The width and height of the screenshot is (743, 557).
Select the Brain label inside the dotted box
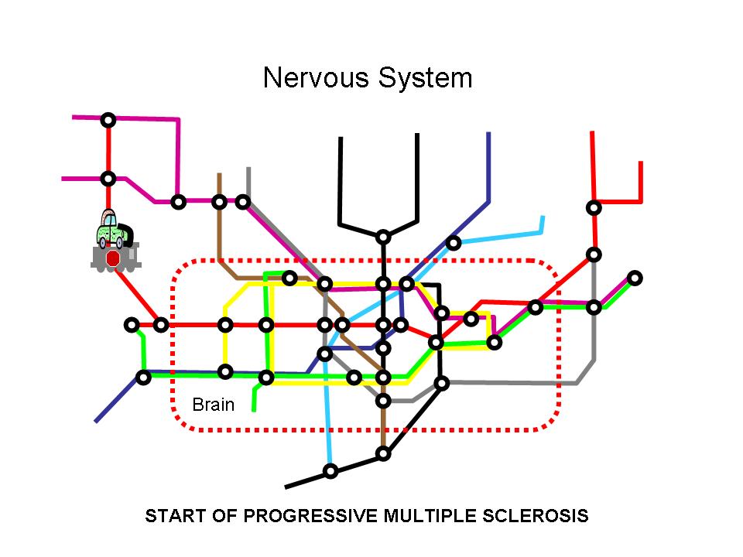(x=213, y=405)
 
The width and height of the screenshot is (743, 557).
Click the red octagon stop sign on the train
(x=113, y=258)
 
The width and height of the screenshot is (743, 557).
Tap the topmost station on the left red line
(x=108, y=119)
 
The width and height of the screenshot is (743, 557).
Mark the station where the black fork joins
(x=383, y=236)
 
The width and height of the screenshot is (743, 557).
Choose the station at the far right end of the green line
(x=635, y=278)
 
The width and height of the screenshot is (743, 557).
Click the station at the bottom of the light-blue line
(x=330, y=471)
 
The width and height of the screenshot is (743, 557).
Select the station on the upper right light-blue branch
(x=454, y=243)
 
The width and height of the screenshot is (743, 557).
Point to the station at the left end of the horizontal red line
(x=132, y=325)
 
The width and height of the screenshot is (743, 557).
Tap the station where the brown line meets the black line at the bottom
(x=383, y=453)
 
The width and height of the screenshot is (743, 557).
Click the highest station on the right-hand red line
(x=594, y=207)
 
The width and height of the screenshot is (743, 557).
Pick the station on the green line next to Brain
(x=266, y=378)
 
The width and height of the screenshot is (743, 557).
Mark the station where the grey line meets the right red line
(x=594, y=255)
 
